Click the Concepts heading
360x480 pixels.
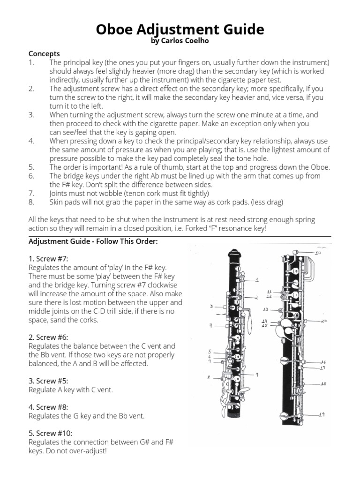44,54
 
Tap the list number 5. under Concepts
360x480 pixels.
31,167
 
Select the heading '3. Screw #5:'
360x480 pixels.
48,381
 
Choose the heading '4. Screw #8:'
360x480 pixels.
48,407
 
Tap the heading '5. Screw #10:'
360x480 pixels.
50,433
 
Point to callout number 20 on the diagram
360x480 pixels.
323,321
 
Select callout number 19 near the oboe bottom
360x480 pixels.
322,414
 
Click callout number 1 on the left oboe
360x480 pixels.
257,280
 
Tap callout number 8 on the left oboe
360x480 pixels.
209,377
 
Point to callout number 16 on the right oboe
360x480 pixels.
323,362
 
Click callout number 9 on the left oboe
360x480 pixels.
257,374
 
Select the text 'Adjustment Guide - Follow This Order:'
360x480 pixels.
93,241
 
